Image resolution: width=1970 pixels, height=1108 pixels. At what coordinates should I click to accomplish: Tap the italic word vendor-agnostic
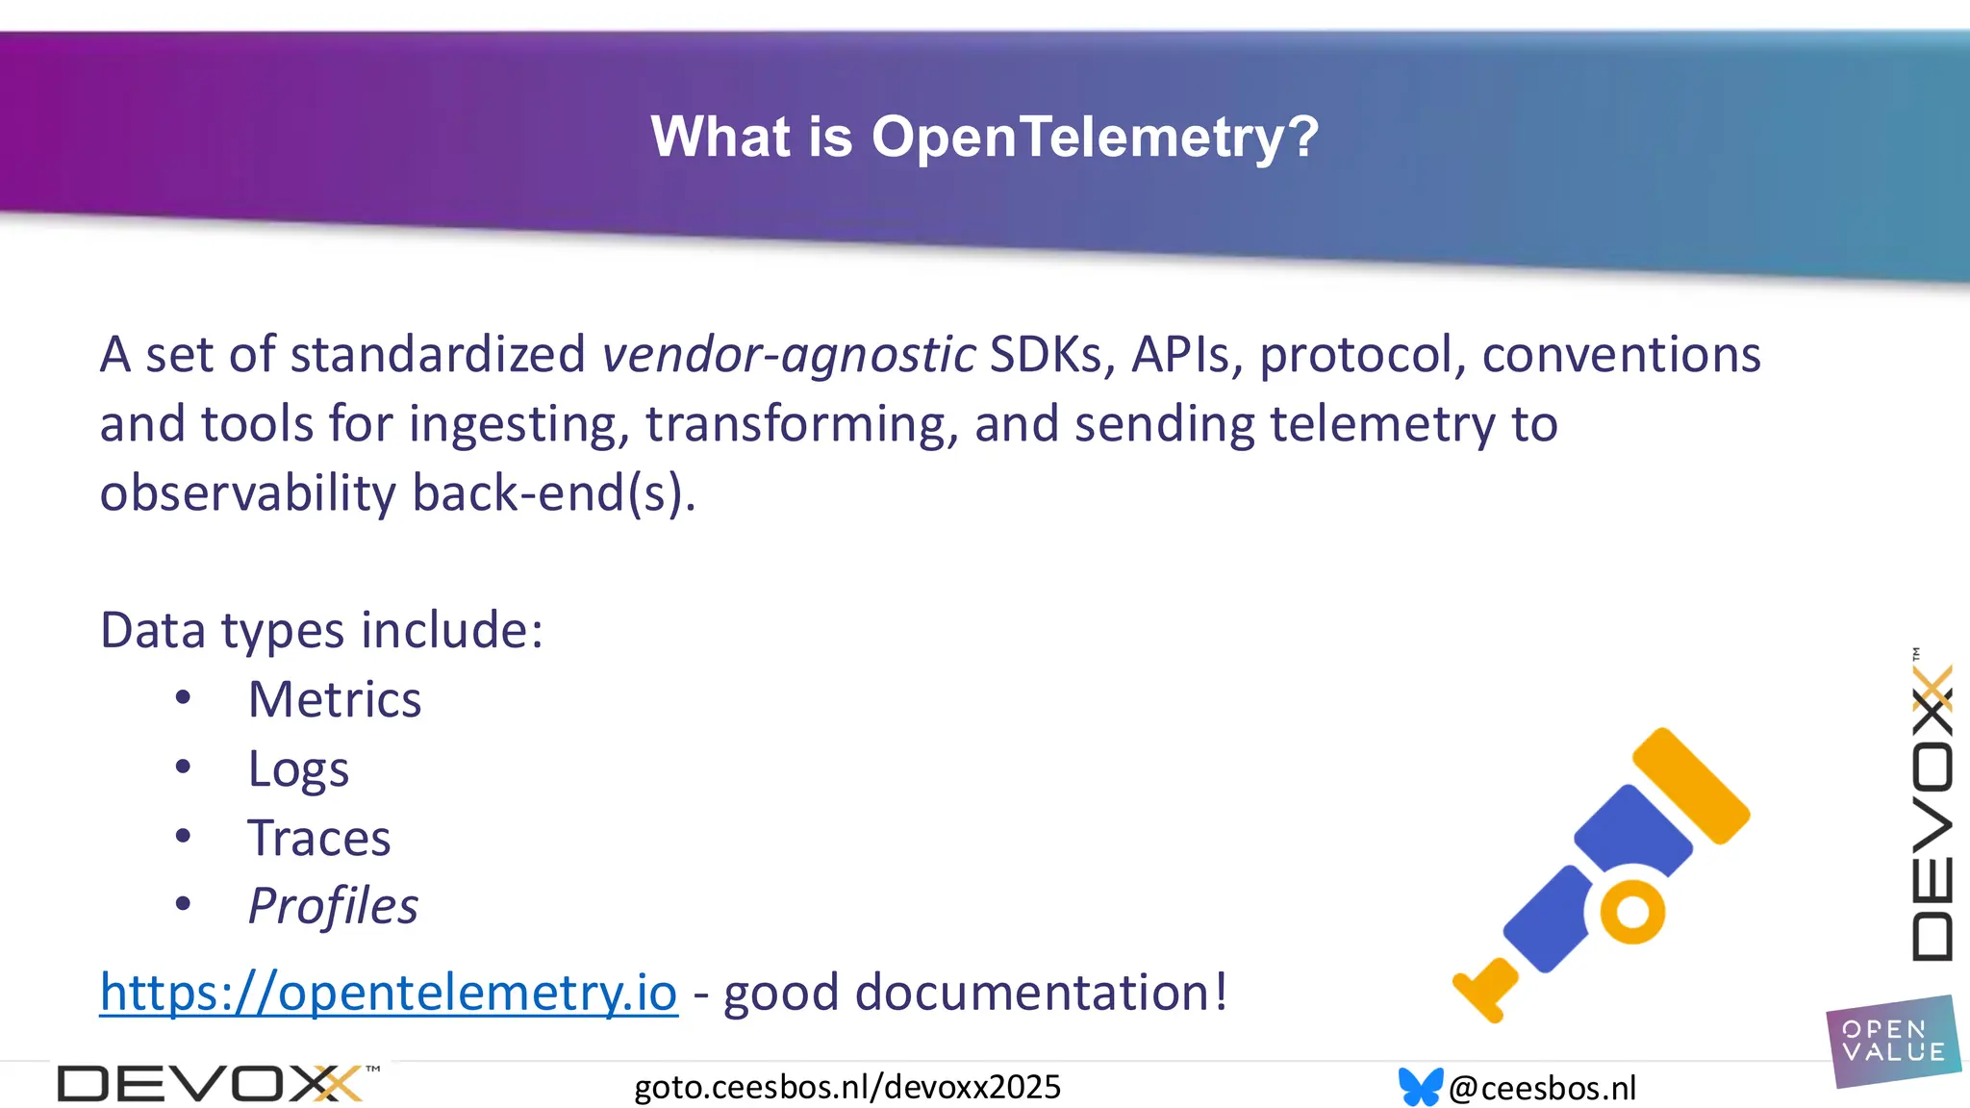click(789, 354)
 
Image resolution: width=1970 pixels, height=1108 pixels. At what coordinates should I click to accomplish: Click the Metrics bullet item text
click(335, 699)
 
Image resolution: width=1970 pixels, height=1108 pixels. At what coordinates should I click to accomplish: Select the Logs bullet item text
click(298, 769)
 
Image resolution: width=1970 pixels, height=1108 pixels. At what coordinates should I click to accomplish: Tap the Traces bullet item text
click(319, 838)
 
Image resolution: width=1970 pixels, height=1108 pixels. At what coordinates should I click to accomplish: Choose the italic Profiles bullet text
click(333, 906)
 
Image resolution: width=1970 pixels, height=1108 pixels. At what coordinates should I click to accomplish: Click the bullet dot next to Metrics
click(183, 698)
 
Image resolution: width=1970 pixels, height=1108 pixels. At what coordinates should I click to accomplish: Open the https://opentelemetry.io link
click(389, 992)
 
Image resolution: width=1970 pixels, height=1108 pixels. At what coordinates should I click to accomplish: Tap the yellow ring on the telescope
click(1631, 911)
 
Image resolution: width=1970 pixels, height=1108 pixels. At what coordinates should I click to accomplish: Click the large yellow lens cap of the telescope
click(1691, 786)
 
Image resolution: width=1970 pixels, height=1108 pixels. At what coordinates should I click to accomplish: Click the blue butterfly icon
click(1420, 1087)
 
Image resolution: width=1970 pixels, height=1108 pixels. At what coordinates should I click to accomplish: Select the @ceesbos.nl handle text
click(1542, 1088)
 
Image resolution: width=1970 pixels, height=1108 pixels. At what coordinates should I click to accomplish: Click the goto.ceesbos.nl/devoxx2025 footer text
click(847, 1087)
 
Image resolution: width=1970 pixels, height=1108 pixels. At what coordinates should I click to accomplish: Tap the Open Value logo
click(1892, 1042)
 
